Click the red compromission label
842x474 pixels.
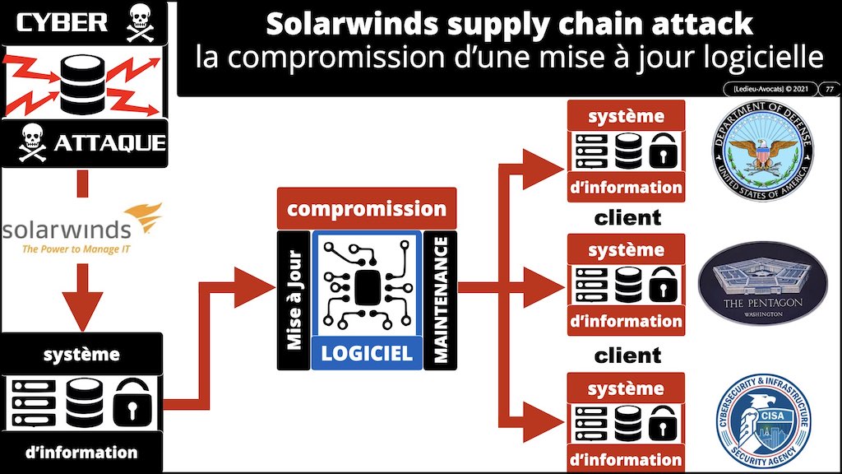[366, 208]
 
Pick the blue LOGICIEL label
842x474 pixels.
[367, 353]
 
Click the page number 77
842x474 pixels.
[830, 89]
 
